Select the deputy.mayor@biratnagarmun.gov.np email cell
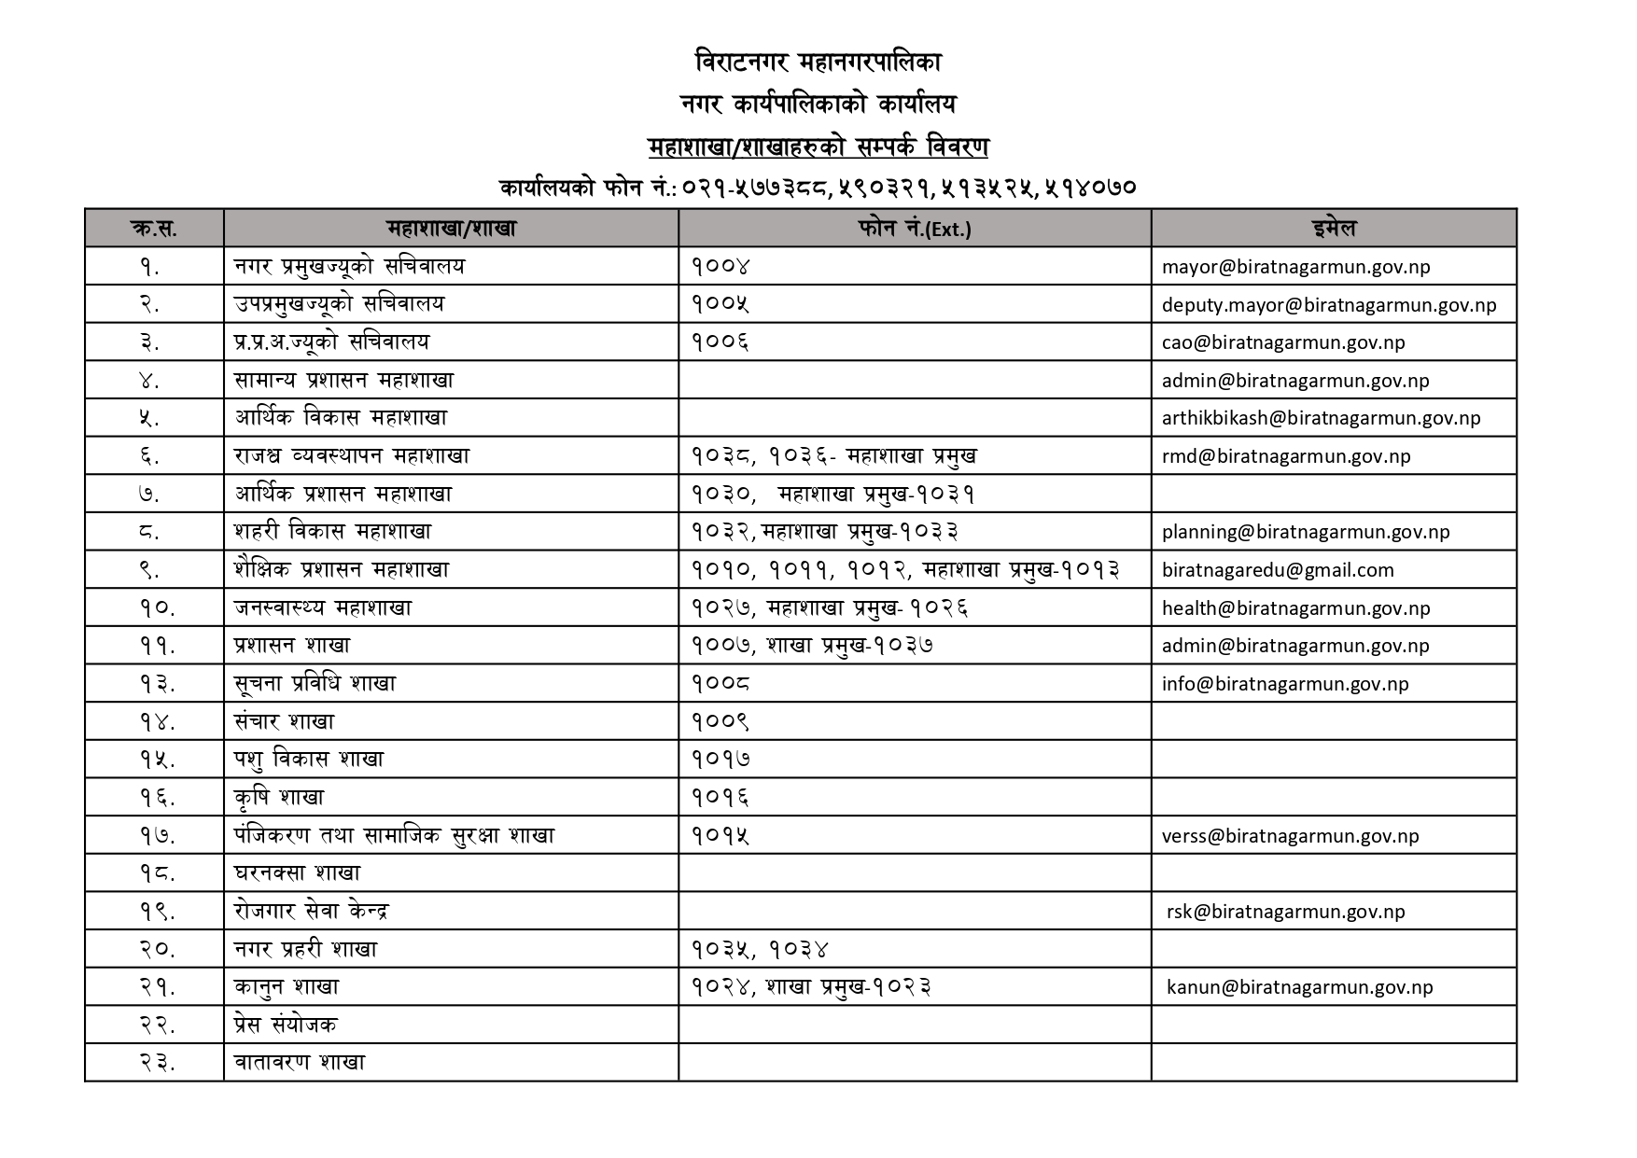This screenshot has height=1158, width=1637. pyautogui.click(x=1329, y=305)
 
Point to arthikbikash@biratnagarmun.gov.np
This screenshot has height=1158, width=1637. pyautogui.click(x=1321, y=418)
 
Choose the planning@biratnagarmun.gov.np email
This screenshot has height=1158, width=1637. pyautogui.click(x=1306, y=532)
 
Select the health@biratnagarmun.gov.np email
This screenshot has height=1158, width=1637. pyautogui.click(x=1295, y=608)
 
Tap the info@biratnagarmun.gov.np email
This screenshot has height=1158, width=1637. pyautogui.click(x=1285, y=684)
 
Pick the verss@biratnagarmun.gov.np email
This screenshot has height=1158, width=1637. pyautogui.click(x=1290, y=836)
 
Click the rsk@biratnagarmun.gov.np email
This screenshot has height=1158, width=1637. pyautogui.click(x=1285, y=912)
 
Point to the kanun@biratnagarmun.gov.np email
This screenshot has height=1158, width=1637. pyautogui.click(x=1299, y=987)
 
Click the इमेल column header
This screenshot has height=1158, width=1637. pyautogui.click(x=1333, y=229)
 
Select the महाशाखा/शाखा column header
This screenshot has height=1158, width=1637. pyautogui.click(x=451, y=229)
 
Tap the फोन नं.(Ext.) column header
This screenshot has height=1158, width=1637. pyautogui.click(x=914, y=229)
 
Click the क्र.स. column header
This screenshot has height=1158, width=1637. pyautogui.click(x=154, y=229)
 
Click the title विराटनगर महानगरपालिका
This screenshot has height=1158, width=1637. pyautogui.click(x=818, y=63)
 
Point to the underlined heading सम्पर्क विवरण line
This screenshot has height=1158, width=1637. pyautogui.click(x=818, y=147)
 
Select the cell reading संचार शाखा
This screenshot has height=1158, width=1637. pyautogui.click(x=284, y=721)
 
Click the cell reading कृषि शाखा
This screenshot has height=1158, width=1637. pyautogui.click(x=279, y=798)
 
